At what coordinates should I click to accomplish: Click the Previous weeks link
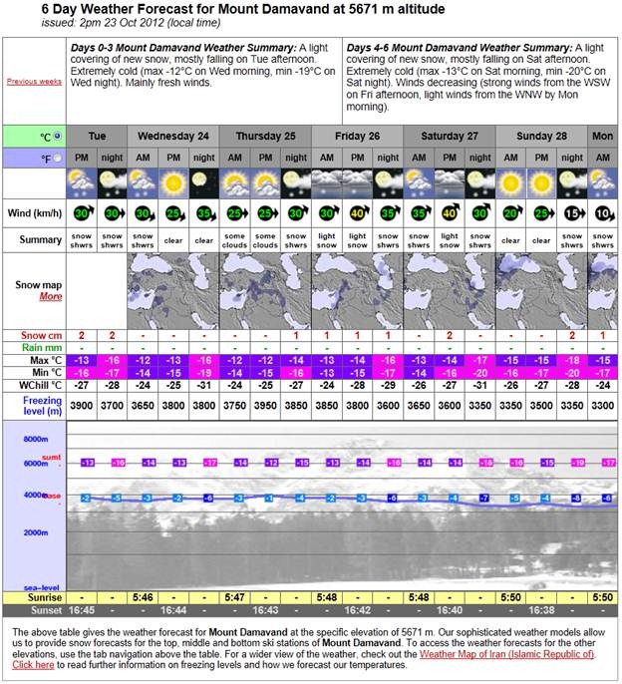pos(35,81)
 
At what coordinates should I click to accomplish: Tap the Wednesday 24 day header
pos(172,135)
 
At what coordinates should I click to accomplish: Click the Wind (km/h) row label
pos(35,210)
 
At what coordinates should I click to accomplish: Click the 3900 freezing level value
pos(82,405)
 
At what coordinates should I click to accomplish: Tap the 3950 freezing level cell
pos(265,405)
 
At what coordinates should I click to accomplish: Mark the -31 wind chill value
pos(203,384)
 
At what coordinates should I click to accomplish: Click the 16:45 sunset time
pos(82,609)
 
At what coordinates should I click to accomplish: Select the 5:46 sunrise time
pos(143,596)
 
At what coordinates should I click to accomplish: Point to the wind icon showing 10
pos(603,211)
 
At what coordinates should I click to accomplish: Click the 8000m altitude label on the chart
pos(36,439)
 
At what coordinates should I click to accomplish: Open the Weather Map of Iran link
pos(506,653)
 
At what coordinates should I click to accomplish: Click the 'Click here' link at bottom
pos(32,664)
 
